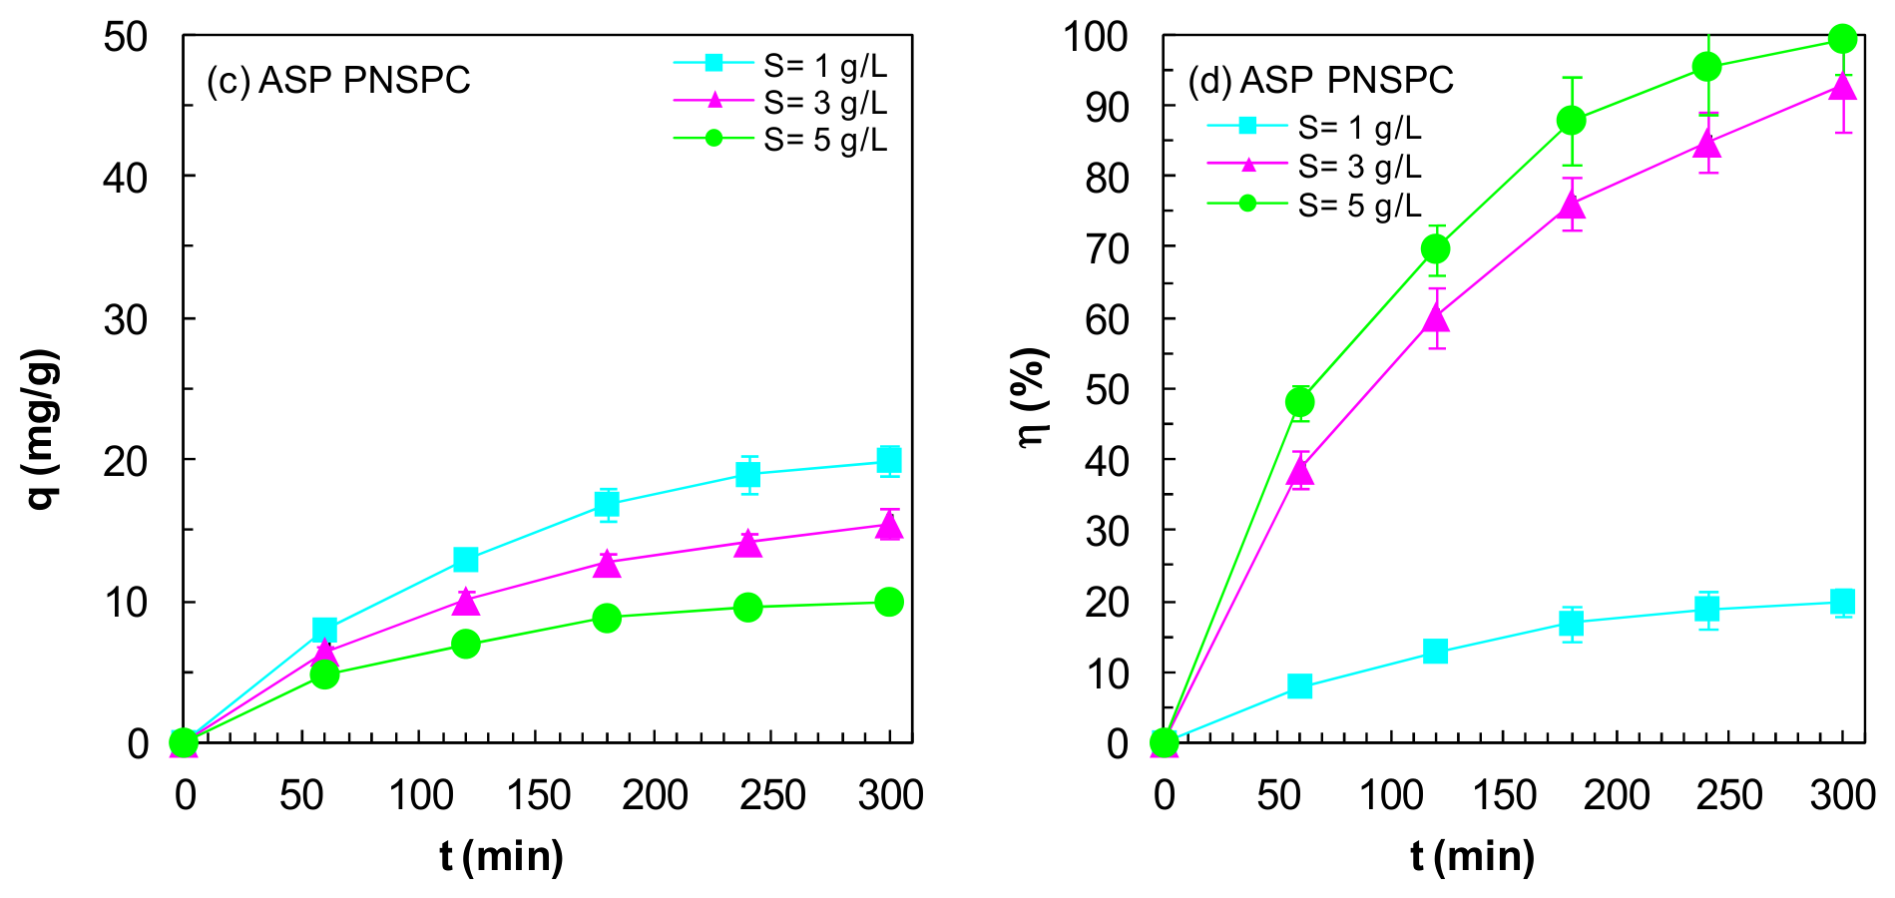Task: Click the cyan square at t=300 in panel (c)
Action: [889, 460]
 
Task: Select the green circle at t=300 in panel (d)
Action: [1843, 39]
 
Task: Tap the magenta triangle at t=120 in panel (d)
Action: [1436, 317]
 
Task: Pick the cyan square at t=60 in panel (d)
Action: [1299, 685]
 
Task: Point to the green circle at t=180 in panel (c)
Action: [607, 618]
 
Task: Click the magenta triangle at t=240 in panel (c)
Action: [748, 543]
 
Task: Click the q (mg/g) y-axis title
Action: [41, 429]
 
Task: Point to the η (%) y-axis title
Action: [1033, 398]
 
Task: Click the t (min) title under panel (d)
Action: [1473, 856]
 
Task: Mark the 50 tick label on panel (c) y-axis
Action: [126, 38]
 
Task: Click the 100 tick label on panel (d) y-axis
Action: [1096, 38]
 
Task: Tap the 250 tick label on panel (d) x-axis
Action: [1730, 795]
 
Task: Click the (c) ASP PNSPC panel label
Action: [338, 80]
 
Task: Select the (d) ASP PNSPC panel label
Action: [1321, 80]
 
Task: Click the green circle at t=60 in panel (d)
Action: [1299, 402]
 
